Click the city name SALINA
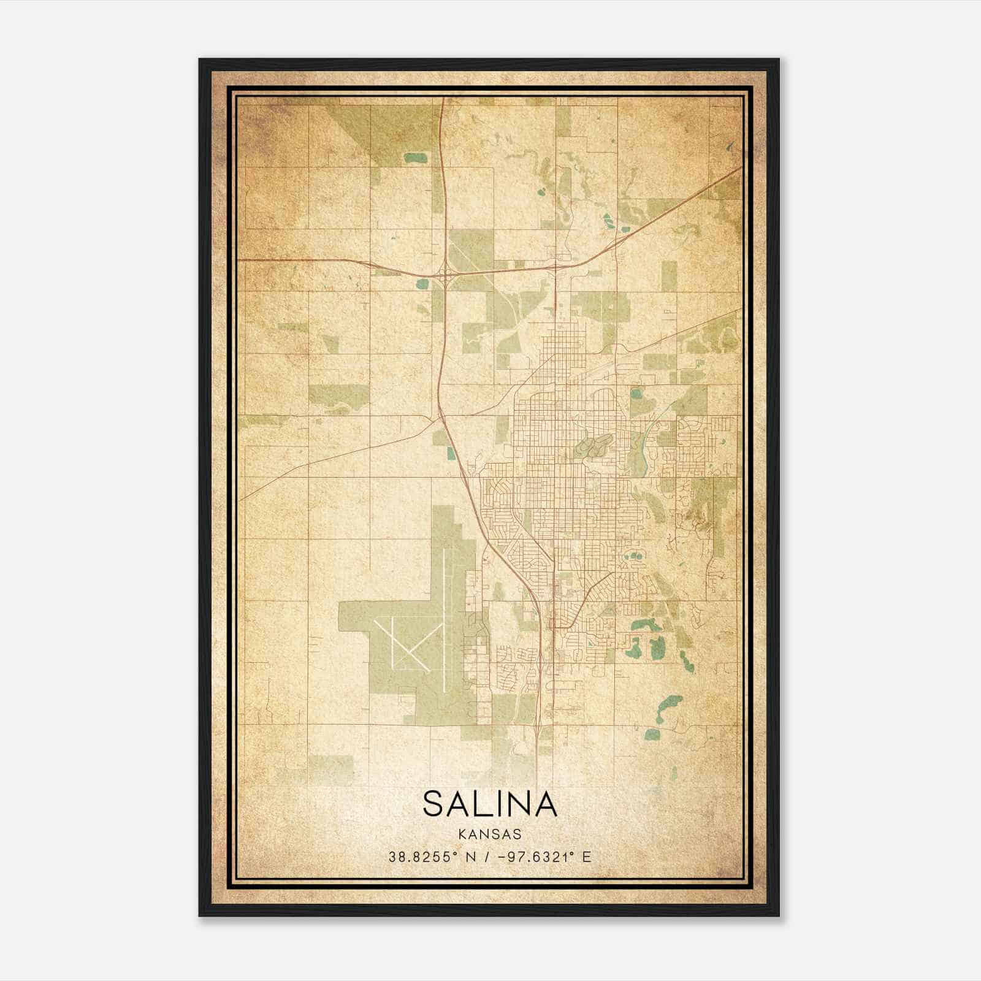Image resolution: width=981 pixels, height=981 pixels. [490, 804]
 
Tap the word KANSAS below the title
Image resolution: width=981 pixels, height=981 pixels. [489, 834]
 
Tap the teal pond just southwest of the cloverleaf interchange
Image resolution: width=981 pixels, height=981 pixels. [422, 284]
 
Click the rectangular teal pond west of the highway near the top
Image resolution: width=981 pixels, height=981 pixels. [415, 158]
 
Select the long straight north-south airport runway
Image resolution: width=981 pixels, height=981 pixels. [443, 619]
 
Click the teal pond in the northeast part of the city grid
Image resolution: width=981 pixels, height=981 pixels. [636, 392]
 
